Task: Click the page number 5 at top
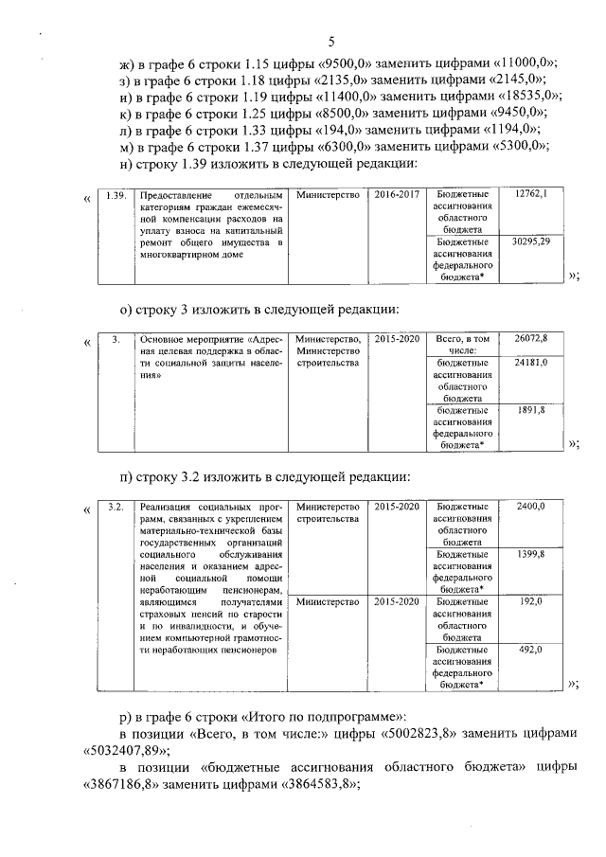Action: (331, 41)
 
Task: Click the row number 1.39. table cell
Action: (116, 195)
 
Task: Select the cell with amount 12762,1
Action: (530, 194)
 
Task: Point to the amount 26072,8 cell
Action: (530, 338)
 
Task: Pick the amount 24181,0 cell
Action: (530, 363)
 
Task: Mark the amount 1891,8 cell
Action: (530, 410)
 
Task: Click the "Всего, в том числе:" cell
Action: (463, 344)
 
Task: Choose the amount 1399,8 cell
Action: (530, 554)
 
